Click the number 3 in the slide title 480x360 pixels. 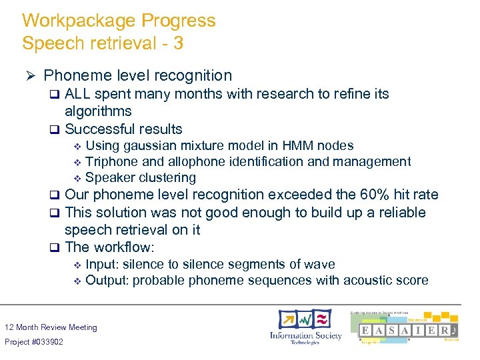coord(178,44)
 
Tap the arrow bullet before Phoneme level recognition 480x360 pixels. coord(29,76)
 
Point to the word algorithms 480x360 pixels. coord(98,111)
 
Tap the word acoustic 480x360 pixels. coord(369,280)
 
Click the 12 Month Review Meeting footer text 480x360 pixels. coord(51,327)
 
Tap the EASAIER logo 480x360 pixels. coord(407,329)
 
